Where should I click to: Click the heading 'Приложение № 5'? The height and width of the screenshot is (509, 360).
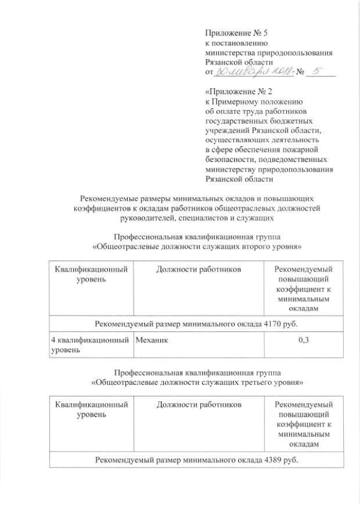[x=237, y=33]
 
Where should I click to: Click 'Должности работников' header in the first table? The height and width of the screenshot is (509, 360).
[x=200, y=269]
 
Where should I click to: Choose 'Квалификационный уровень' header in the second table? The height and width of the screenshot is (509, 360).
[x=91, y=409]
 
